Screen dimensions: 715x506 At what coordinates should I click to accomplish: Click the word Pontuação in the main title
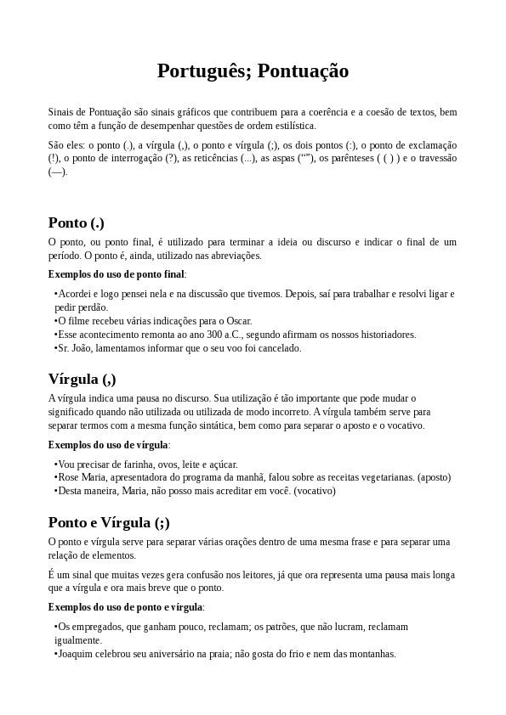coord(303,71)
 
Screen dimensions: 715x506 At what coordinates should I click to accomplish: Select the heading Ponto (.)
coord(77,223)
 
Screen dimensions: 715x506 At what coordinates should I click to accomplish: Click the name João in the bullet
coord(82,348)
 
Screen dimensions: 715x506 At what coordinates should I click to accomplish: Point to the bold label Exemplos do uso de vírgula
coord(109,445)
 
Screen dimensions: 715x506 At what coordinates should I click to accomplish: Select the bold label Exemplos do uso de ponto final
coord(117,274)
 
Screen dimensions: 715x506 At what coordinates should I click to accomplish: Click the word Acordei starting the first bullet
coord(75,294)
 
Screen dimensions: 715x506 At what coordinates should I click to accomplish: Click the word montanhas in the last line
coord(372,654)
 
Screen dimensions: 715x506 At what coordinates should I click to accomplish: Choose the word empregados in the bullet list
coord(98,627)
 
